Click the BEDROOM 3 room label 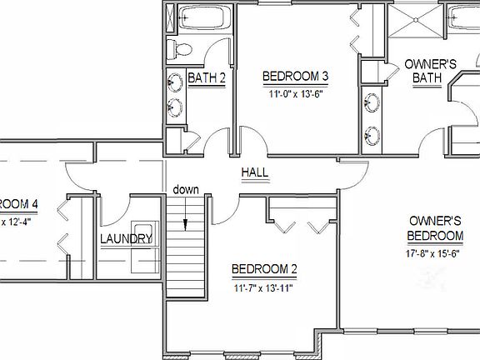(296, 77)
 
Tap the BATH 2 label (206, 77)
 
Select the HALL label (254, 172)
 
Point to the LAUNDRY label (126, 239)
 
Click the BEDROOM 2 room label (264, 269)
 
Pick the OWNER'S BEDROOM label (436, 228)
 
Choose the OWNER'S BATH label (427, 71)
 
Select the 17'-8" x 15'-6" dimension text (433, 252)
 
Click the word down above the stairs (186, 189)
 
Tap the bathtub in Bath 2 (203, 17)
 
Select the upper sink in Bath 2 (176, 82)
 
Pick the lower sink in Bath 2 (176, 107)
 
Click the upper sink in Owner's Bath (370, 104)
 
